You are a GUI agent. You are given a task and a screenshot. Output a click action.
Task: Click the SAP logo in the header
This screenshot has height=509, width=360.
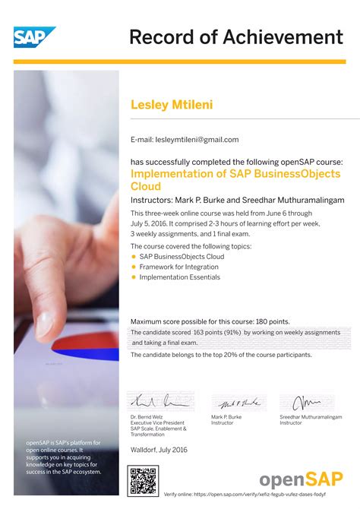click(x=34, y=39)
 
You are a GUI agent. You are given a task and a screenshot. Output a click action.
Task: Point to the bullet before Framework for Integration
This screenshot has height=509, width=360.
click(x=134, y=267)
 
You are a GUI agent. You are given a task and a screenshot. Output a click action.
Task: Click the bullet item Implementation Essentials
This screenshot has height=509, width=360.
click(x=179, y=277)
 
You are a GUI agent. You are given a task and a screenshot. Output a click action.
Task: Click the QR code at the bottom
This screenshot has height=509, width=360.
click(x=142, y=480)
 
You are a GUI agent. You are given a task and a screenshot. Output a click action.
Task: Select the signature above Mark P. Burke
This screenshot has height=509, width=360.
click(x=235, y=403)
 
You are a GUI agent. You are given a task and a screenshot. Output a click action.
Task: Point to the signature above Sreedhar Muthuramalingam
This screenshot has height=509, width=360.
click(x=307, y=402)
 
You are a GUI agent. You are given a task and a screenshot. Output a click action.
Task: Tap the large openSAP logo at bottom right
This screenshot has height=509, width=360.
click(x=301, y=479)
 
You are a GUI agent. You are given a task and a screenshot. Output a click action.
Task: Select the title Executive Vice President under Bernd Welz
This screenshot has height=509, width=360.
click(x=157, y=422)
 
